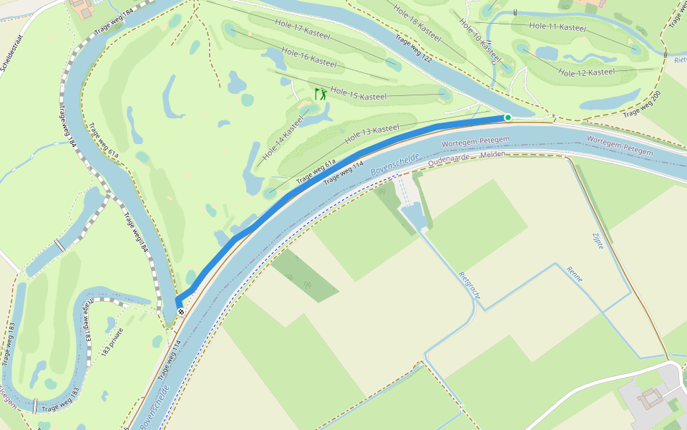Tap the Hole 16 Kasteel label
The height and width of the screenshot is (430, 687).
pyautogui.click(x=309, y=57)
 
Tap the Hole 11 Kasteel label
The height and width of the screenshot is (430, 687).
pyautogui.click(x=557, y=27)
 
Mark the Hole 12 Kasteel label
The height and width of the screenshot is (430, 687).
pyautogui.click(x=586, y=72)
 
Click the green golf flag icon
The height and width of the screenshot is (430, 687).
pyautogui.click(x=321, y=94)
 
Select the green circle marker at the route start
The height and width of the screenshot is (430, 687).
pyautogui.click(x=508, y=118)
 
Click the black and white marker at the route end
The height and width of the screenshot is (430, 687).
pyautogui.click(x=181, y=311)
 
